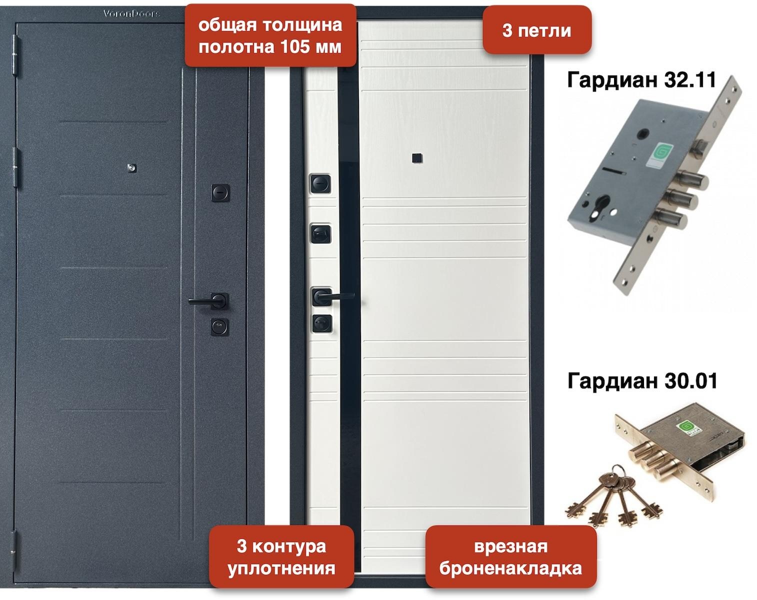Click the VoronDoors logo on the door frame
click(131, 14)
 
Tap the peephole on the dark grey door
click(131, 168)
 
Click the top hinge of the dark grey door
click(15, 55)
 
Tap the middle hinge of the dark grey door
click(15, 167)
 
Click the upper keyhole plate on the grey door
click(220, 193)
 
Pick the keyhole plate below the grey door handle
click(220, 327)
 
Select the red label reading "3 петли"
click(536, 30)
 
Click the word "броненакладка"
click(510, 568)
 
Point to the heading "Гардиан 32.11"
click(641, 80)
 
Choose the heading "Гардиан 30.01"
click(642, 380)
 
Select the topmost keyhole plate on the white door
click(320, 183)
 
